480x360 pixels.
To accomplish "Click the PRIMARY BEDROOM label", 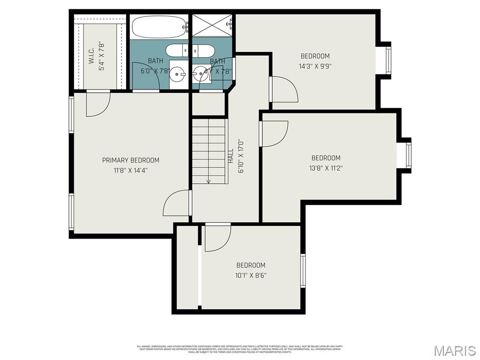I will click(130, 160).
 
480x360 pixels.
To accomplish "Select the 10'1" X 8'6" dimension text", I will click(251, 275).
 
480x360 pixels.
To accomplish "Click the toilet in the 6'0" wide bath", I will click(177, 51).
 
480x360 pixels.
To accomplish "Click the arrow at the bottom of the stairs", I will click(209, 181).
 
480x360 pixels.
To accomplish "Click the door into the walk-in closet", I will click(97, 103).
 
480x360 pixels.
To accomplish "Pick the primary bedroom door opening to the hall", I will click(177, 204).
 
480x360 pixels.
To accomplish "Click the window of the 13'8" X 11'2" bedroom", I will click(408, 156).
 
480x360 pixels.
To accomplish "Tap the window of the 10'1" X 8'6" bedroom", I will click(303, 270).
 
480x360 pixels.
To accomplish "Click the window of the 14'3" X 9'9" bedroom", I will click(389, 60).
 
